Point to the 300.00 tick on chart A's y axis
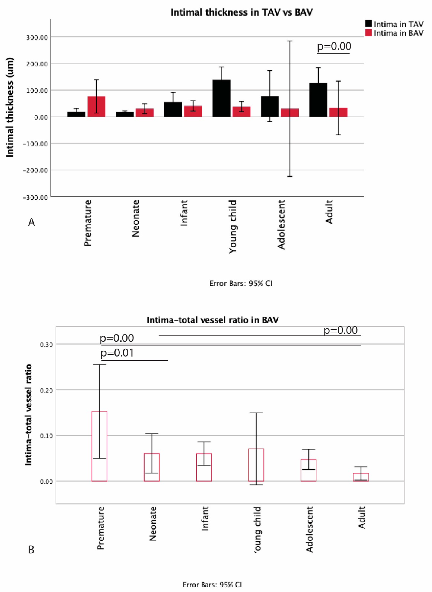pyautogui.click(x=37, y=37)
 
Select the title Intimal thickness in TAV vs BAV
pyautogui.click(x=241, y=12)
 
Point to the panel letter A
pyautogui.click(x=31, y=222)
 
